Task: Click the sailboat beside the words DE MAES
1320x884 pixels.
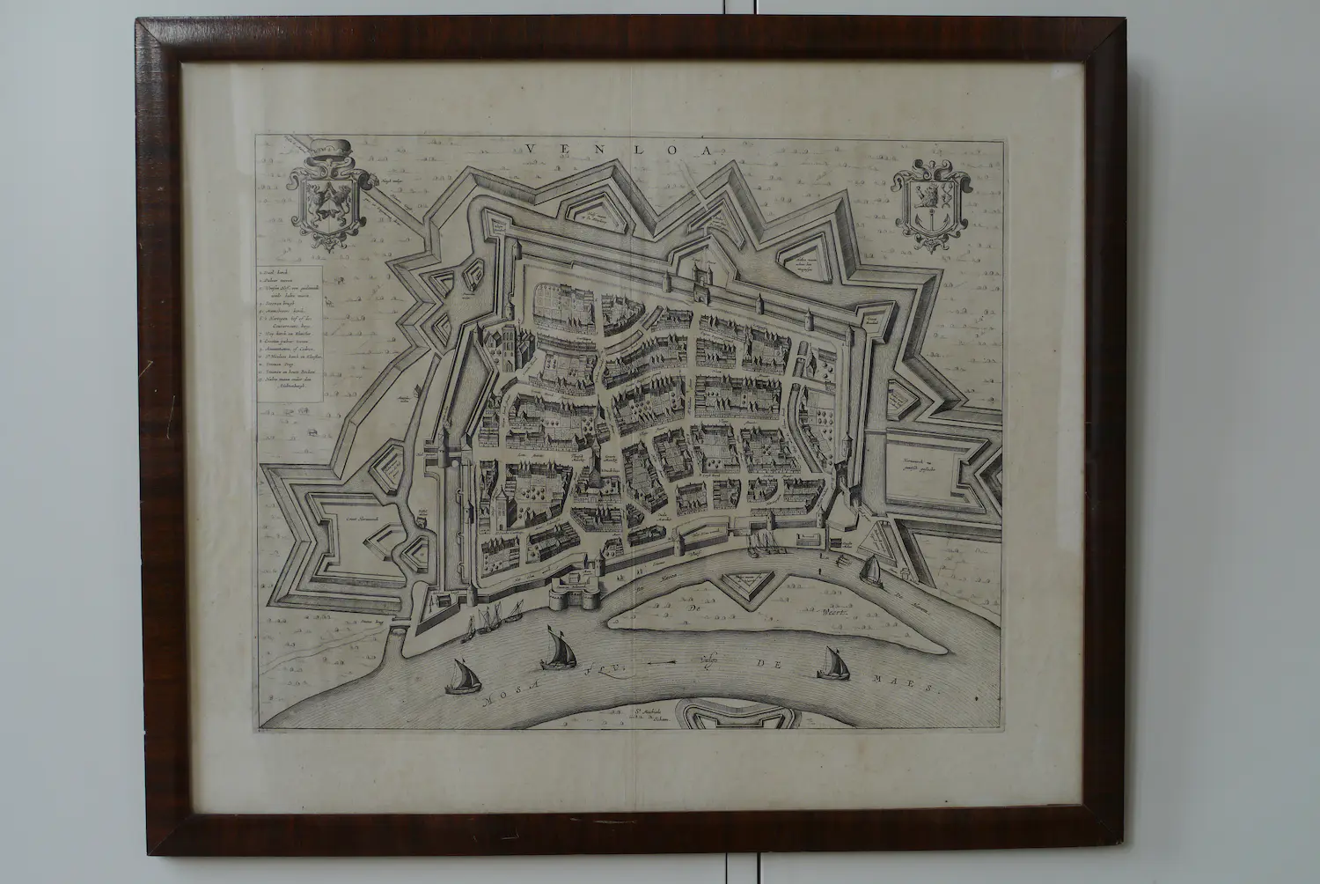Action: click(828, 664)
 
